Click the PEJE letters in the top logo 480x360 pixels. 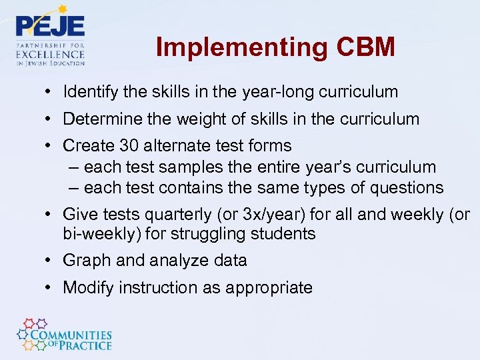[x=50, y=27]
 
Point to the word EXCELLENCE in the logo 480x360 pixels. [x=51, y=53]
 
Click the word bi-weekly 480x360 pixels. [x=95, y=234]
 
